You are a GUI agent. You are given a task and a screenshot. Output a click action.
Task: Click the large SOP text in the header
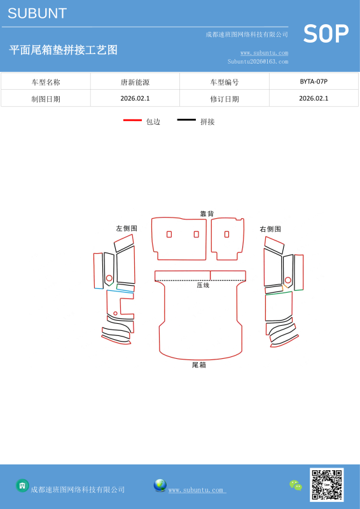tap(326, 34)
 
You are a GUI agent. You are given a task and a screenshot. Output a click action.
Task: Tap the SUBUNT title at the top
tap(38, 13)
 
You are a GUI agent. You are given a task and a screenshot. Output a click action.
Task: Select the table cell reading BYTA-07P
tap(314, 81)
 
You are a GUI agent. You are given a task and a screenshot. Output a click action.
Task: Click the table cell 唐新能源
tap(135, 83)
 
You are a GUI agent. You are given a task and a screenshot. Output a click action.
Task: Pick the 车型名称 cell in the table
tap(46, 83)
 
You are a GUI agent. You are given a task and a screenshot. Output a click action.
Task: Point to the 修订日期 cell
tap(225, 99)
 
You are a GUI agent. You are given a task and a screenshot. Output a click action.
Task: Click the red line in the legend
tap(132, 120)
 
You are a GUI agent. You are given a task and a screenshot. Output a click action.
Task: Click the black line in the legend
tap(186, 120)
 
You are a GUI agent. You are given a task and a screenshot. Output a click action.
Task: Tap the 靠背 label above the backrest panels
tap(207, 214)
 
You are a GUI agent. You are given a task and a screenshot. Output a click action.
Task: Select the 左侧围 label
tap(127, 228)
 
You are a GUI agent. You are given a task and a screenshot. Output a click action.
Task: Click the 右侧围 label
tap(270, 229)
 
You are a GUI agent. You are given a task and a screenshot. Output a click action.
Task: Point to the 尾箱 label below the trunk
tap(199, 365)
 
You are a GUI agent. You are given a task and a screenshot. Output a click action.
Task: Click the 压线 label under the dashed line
tap(203, 285)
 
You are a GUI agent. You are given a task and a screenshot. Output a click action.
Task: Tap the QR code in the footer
tap(326, 485)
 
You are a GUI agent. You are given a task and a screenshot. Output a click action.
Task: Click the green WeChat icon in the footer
tap(296, 485)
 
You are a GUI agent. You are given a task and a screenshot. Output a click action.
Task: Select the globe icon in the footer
tap(160, 485)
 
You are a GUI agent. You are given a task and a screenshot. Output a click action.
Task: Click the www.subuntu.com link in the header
tap(264, 53)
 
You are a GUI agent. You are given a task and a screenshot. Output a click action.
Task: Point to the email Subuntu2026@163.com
tap(258, 61)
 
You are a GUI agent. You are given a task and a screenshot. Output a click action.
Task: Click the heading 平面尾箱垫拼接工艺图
tap(64, 50)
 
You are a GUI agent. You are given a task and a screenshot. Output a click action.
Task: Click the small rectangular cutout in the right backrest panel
tap(226, 234)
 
